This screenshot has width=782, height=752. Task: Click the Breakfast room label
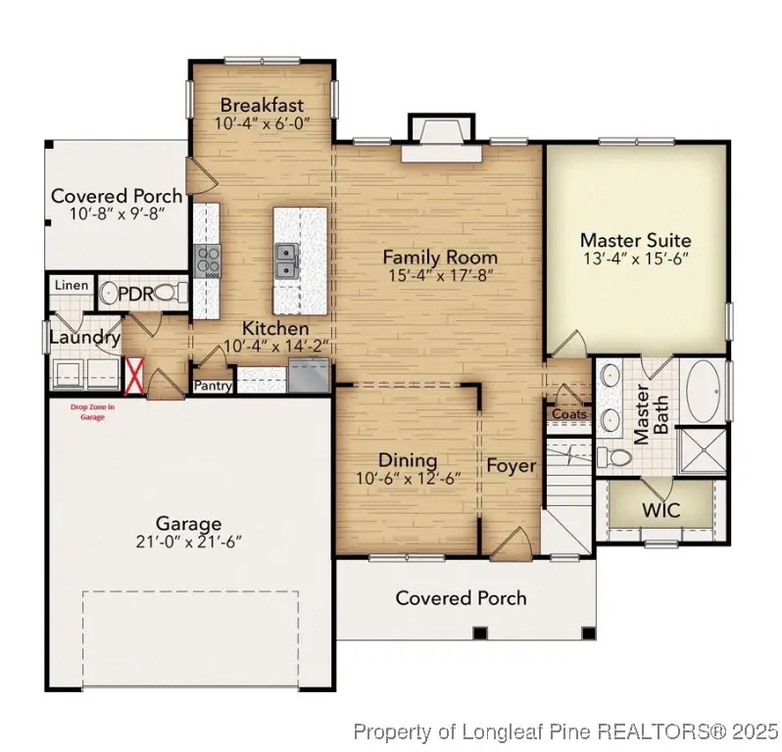click(261, 105)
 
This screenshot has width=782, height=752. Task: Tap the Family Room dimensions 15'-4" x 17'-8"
click(440, 275)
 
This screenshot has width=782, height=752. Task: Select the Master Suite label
click(635, 240)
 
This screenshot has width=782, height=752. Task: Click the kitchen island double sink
click(287, 259)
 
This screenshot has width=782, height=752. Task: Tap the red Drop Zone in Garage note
click(92, 411)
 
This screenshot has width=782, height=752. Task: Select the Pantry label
click(213, 386)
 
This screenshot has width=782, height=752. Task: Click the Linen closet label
click(72, 286)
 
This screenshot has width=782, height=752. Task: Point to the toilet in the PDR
click(169, 292)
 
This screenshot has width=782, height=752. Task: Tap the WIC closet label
click(660, 510)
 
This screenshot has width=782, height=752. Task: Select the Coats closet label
click(569, 413)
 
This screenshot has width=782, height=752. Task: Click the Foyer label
click(512, 465)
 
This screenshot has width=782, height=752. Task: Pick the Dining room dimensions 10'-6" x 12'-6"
click(408, 479)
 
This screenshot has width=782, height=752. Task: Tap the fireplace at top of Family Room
click(441, 136)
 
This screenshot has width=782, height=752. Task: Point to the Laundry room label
click(85, 338)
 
